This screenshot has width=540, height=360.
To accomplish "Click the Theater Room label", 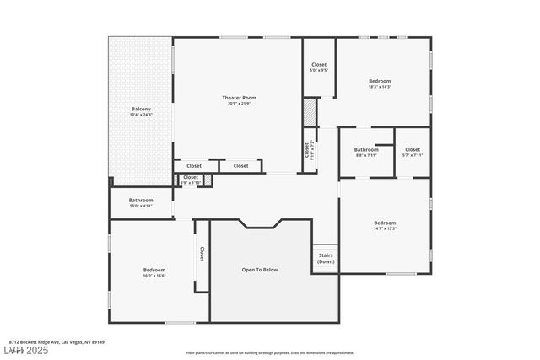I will [239, 98].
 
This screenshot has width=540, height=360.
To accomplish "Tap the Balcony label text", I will [141, 109].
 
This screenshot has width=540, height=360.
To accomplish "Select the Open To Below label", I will [260, 270].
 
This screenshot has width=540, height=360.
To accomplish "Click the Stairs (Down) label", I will [326, 258].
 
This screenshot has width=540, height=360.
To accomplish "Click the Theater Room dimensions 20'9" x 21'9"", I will [239, 104].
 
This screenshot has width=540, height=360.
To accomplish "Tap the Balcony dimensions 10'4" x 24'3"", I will [141, 115].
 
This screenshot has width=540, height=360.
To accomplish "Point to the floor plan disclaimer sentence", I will [270, 353].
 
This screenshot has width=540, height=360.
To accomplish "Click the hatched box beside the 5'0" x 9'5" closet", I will [310, 112].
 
